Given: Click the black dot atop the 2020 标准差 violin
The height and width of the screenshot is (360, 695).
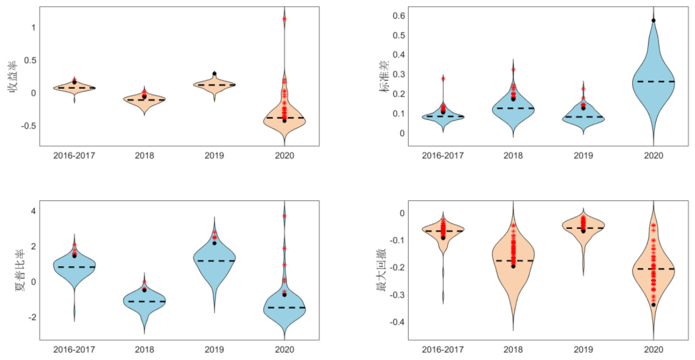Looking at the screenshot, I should pos(653,20).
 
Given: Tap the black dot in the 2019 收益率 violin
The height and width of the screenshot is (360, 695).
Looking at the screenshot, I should pos(214,74).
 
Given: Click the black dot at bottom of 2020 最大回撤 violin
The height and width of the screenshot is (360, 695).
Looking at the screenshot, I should pos(653,305).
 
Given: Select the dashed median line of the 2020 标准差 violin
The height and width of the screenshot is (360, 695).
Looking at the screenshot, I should pos(653,81).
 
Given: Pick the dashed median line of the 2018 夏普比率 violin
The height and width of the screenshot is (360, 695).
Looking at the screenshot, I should pos(144,301).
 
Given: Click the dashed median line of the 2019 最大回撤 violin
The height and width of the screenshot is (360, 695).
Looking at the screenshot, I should pos(583,228).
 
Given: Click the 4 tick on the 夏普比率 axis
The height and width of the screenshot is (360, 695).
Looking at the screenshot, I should pos(33,210).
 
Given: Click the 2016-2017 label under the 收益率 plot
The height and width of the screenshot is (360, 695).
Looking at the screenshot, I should pos(74,155).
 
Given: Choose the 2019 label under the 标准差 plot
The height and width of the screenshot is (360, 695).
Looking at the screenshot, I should pos(583,155).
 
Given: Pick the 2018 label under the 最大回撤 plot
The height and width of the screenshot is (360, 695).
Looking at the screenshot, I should pos(513,350).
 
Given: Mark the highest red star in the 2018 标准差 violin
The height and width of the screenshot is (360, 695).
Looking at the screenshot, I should pos(513,69).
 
